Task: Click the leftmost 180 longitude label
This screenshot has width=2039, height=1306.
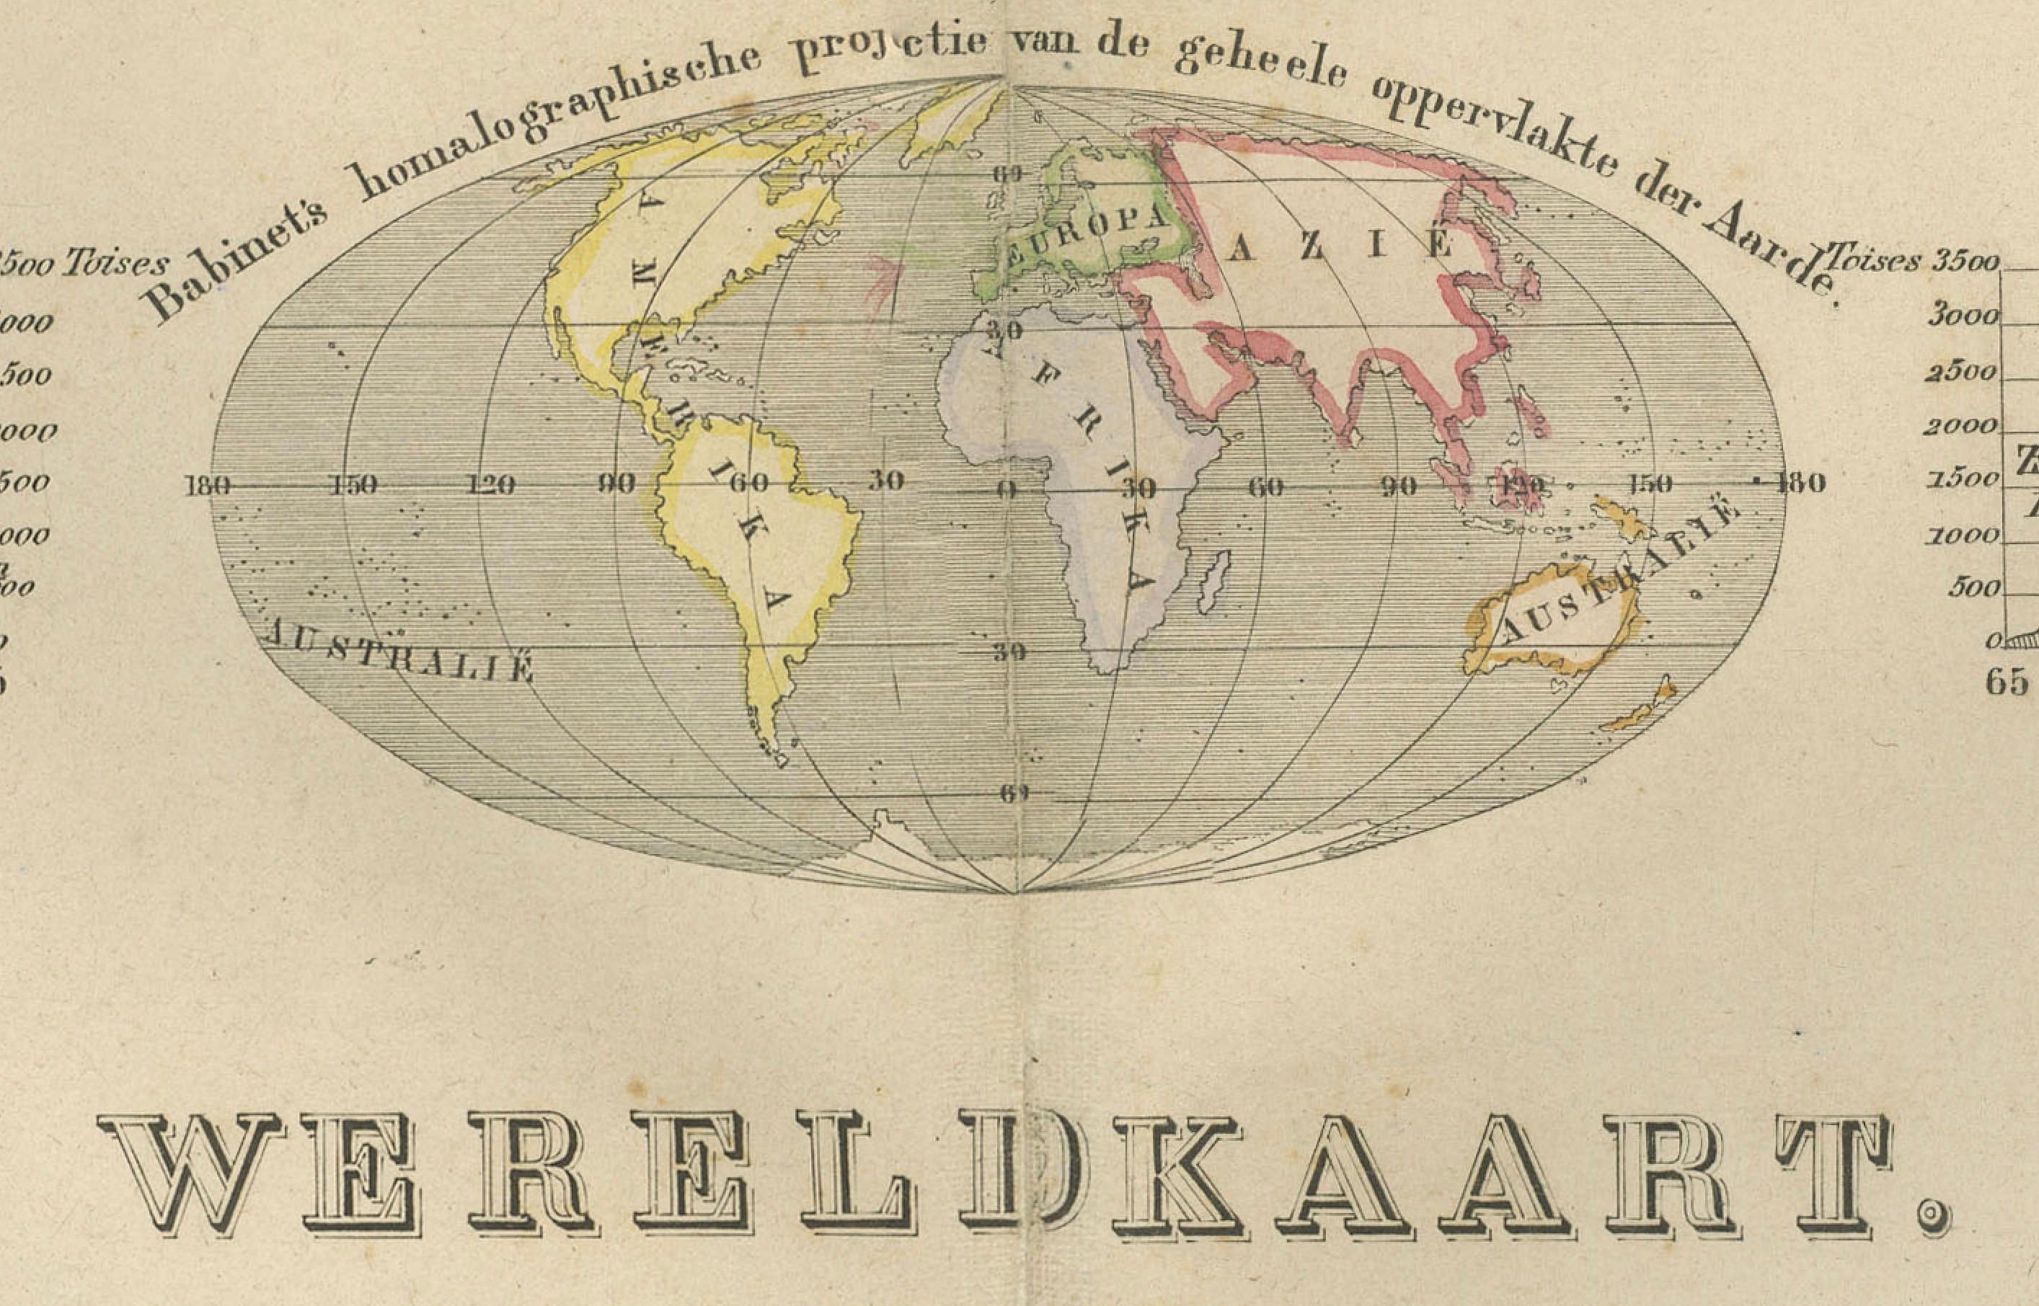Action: [207, 486]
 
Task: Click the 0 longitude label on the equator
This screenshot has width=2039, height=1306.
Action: [1007, 489]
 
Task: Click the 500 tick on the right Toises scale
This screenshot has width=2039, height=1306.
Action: [1973, 587]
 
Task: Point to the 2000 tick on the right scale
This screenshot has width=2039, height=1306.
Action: [1961, 427]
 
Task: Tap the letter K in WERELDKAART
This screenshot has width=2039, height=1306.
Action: [1178, 1175]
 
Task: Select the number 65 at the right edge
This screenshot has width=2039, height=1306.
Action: [2007, 683]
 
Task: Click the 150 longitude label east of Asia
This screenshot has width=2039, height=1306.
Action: [1650, 484]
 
